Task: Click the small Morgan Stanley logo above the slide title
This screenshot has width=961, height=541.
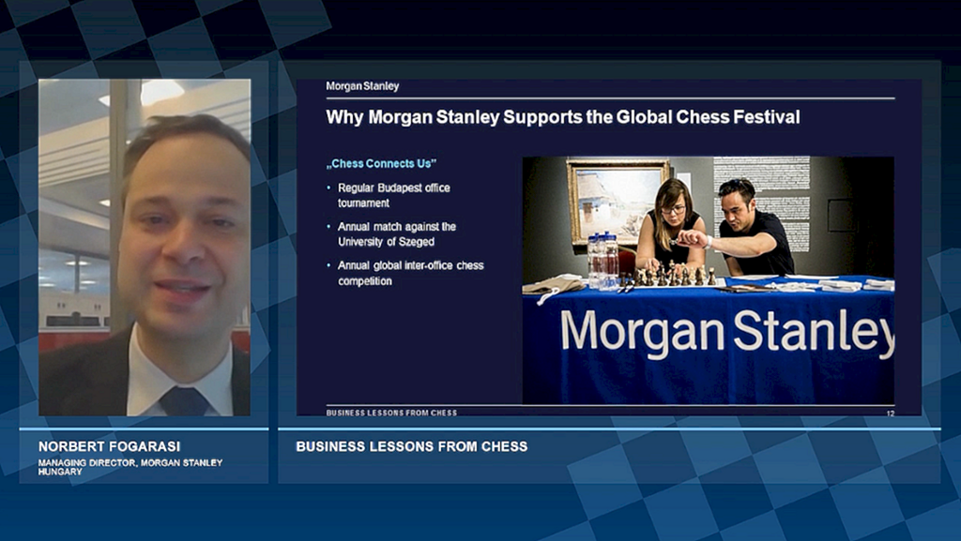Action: coord(362,86)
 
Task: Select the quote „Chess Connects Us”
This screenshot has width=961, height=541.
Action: coord(381,163)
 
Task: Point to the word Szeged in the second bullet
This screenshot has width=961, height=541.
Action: coord(417,242)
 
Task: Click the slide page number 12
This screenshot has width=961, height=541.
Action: coord(891,413)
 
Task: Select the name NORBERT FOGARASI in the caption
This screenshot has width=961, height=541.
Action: coord(109,446)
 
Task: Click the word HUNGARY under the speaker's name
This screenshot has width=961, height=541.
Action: coord(60,472)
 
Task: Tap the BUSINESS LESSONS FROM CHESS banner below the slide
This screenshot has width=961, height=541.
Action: coord(412,446)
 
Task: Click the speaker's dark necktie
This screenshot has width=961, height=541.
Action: coord(184,401)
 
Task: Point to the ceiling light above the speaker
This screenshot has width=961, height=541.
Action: coord(161,92)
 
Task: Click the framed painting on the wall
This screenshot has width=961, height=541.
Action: coord(618,201)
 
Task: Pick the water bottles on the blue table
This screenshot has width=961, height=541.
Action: coord(603,260)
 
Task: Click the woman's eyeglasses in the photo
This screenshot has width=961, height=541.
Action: coord(673,210)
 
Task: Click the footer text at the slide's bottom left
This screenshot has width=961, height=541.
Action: coord(391,413)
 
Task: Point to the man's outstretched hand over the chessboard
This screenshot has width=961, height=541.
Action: coord(689,238)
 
